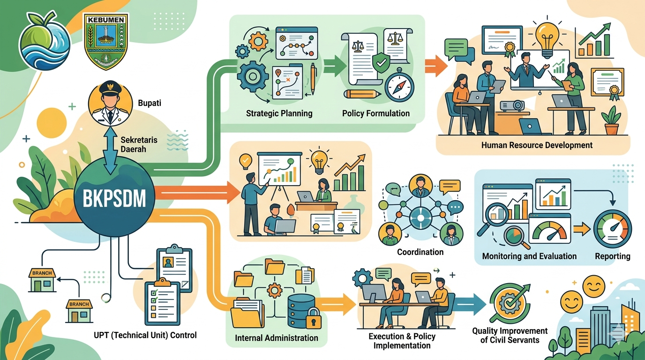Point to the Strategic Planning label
point(279,113)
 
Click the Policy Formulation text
point(375,113)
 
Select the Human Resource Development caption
point(537,145)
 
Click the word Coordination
point(420,252)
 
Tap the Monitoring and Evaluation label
point(529,256)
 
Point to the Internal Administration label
point(276,338)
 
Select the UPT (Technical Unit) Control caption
point(145,335)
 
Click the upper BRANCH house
point(43,279)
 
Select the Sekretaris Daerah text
point(139,144)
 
